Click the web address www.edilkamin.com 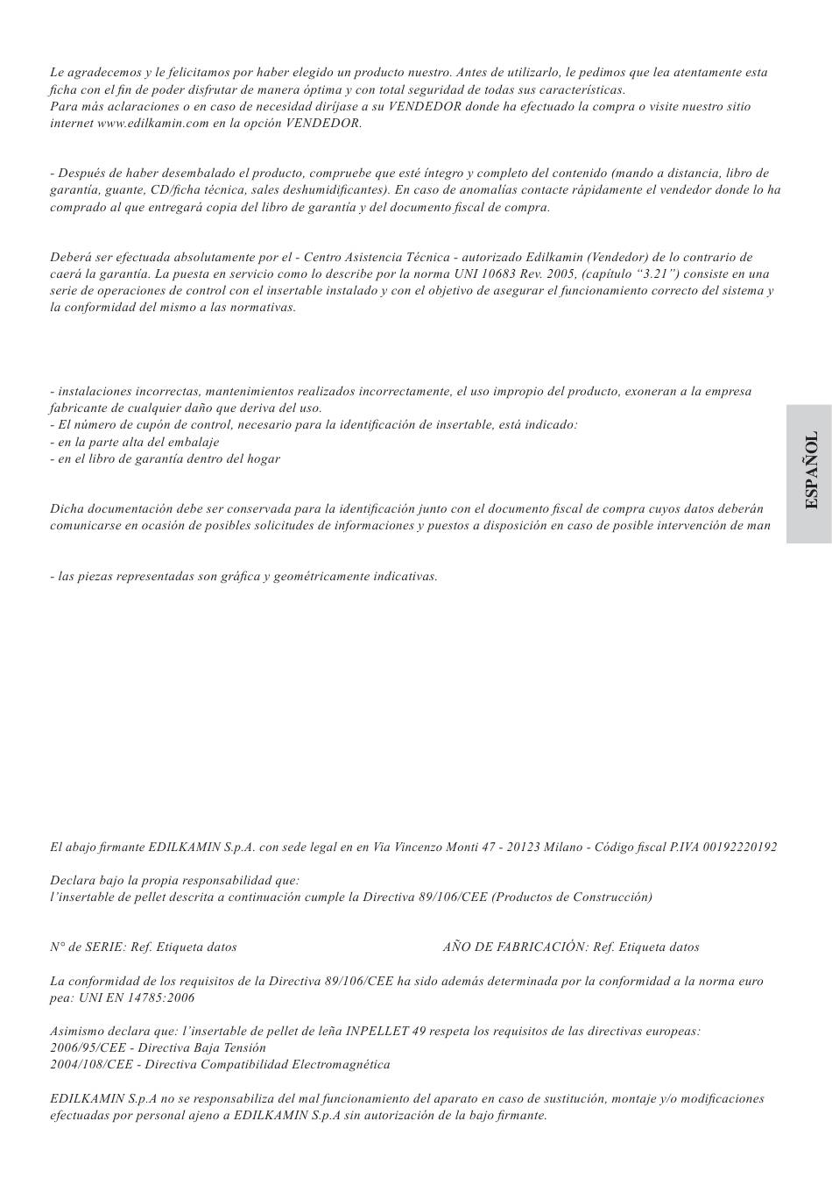tap(152, 124)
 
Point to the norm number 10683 tap(495, 273)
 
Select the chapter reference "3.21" tap(655, 273)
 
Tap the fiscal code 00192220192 tap(740, 848)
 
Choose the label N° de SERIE tap(87, 947)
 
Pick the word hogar tap(263, 459)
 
